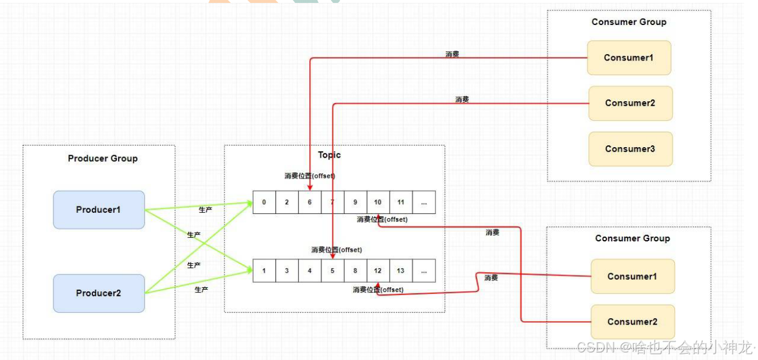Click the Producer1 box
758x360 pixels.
98,209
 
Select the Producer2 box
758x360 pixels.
98,293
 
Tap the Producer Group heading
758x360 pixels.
103,158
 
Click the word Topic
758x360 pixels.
329,155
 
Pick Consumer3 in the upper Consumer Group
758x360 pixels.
630,149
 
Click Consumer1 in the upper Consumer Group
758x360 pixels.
628,58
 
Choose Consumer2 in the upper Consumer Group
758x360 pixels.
630,103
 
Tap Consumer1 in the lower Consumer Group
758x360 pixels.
632,276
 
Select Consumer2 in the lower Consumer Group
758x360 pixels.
632,322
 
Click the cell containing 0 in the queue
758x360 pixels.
264,202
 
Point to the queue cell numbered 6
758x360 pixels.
309,202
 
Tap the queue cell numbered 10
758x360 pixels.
378,202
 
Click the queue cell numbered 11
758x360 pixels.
401,202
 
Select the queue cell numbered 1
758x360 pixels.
264,270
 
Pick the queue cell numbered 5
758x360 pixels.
332,270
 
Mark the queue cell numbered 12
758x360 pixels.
378,270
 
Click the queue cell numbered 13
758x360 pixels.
401,270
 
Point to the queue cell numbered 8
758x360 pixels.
355,270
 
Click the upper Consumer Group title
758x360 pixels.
629,22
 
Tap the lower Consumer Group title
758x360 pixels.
632,238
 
